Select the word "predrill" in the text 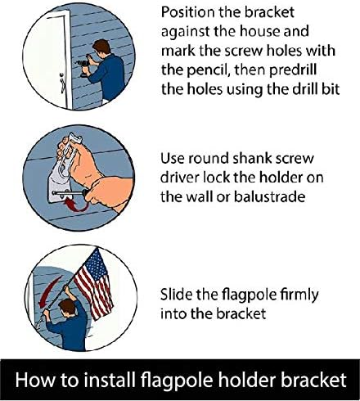click(x=293, y=70)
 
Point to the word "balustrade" click(x=269, y=196)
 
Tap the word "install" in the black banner click(x=110, y=380)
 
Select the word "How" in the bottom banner click(x=34, y=380)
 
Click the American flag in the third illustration click(x=94, y=284)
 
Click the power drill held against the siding click(x=83, y=66)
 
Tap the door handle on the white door click(x=62, y=83)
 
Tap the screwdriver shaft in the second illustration click(x=70, y=193)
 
